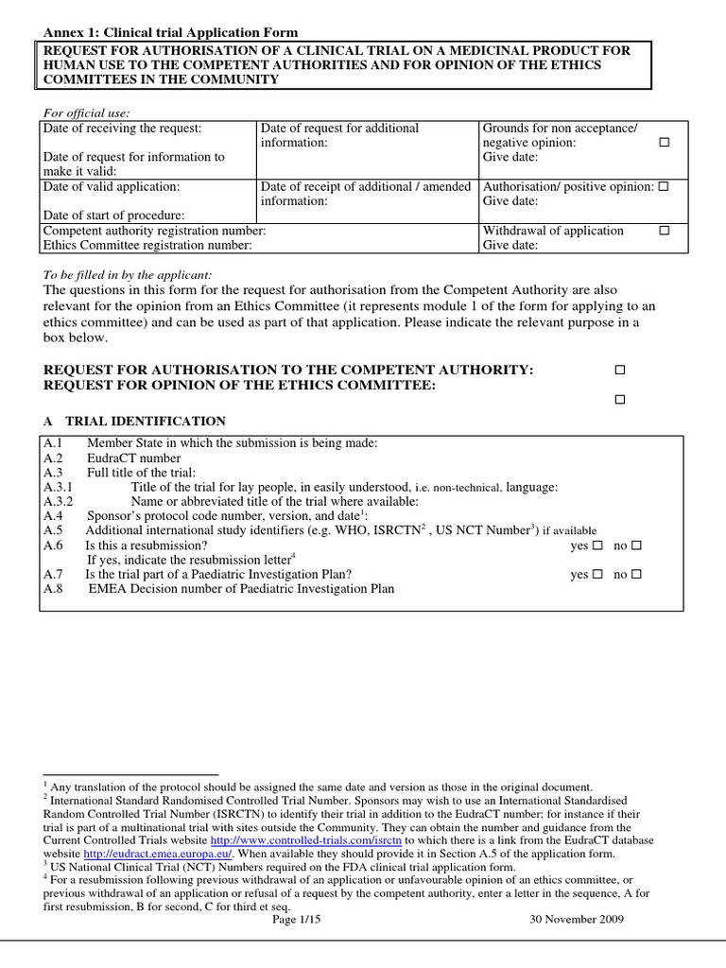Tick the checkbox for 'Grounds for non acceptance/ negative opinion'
[664, 143]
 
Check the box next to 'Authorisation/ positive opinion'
[664, 187]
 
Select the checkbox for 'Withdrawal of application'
[664, 231]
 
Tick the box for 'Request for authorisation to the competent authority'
[620, 370]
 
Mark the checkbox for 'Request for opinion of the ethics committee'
[620, 400]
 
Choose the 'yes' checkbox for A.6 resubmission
[597, 546]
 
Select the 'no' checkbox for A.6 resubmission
[636, 546]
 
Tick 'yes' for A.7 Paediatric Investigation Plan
[597, 575]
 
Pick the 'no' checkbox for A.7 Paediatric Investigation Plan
[636, 575]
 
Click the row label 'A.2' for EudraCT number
[53, 458]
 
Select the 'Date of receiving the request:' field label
[122, 129]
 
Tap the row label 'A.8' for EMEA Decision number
[53, 589]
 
